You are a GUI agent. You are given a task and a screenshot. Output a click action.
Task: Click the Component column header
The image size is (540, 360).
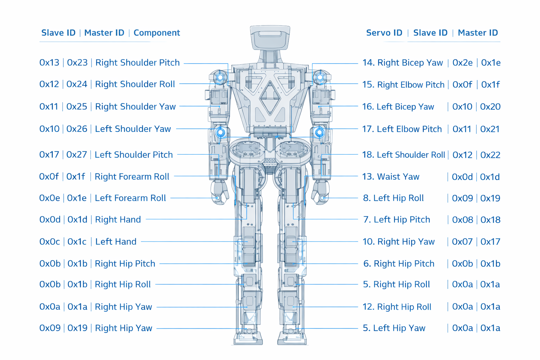click(156, 33)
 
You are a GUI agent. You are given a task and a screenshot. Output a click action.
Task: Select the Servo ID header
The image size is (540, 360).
click(384, 33)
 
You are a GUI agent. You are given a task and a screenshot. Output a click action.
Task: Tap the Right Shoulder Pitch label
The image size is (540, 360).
click(137, 63)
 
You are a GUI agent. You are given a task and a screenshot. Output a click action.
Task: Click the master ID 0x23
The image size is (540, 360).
click(77, 63)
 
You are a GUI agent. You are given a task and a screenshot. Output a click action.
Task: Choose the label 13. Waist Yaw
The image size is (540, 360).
click(391, 176)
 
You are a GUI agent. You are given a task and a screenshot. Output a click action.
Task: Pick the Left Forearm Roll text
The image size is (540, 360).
click(130, 198)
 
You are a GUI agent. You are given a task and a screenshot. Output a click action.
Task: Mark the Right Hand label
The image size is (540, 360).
click(118, 219)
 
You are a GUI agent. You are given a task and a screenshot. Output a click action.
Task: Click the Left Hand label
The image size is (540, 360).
click(116, 242)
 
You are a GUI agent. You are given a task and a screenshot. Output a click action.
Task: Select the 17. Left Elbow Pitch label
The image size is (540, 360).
click(402, 129)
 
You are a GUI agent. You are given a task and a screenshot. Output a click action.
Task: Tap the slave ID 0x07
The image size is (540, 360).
click(462, 242)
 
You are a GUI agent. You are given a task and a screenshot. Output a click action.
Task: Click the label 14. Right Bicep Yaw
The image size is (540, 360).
click(403, 63)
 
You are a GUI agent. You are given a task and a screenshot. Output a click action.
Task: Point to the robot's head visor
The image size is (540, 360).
click(270, 34)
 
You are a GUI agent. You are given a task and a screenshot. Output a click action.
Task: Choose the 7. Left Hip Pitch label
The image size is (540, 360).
click(397, 219)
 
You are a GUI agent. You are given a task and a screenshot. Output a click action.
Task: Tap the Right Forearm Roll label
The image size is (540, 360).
click(132, 176)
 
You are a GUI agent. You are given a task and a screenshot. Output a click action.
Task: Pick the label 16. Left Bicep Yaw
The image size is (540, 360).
click(398, 107)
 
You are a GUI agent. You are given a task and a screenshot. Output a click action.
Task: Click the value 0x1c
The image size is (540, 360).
click(77, 242)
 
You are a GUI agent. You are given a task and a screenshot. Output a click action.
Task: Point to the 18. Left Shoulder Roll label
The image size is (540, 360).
click(404, 155)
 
